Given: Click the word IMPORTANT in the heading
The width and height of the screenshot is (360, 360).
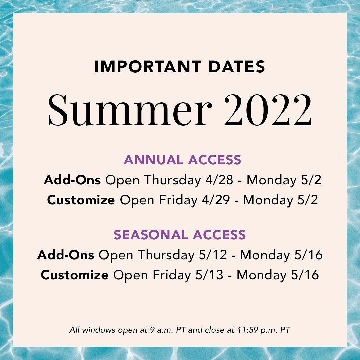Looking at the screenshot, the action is click(x=148, y=67).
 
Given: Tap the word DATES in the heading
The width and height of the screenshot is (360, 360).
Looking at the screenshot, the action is click(x=237, y=67).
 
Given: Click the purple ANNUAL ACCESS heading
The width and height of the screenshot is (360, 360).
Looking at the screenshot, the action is click(x=182, y=160).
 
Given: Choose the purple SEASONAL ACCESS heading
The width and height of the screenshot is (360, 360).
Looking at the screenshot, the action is click(x=180, y=235).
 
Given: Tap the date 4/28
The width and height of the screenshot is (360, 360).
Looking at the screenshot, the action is click(x=219, y=180).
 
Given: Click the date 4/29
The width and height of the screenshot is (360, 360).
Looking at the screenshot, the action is click(x=216, y=200).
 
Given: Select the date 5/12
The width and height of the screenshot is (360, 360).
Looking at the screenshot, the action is click(x=213, y=255).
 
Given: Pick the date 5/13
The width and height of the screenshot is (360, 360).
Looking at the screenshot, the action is click(x=209, y=275).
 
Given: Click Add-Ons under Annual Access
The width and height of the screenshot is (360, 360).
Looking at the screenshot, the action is click(x=72, y=180).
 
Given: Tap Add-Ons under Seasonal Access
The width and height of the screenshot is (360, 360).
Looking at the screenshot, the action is click(x=65, y=255).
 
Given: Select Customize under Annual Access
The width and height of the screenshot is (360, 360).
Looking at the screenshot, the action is click(x=81, y=200).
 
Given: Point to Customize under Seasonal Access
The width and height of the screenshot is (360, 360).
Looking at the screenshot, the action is click(x=75, y=275).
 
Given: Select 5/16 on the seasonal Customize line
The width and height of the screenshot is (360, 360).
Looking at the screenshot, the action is click(x=305, y=275).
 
